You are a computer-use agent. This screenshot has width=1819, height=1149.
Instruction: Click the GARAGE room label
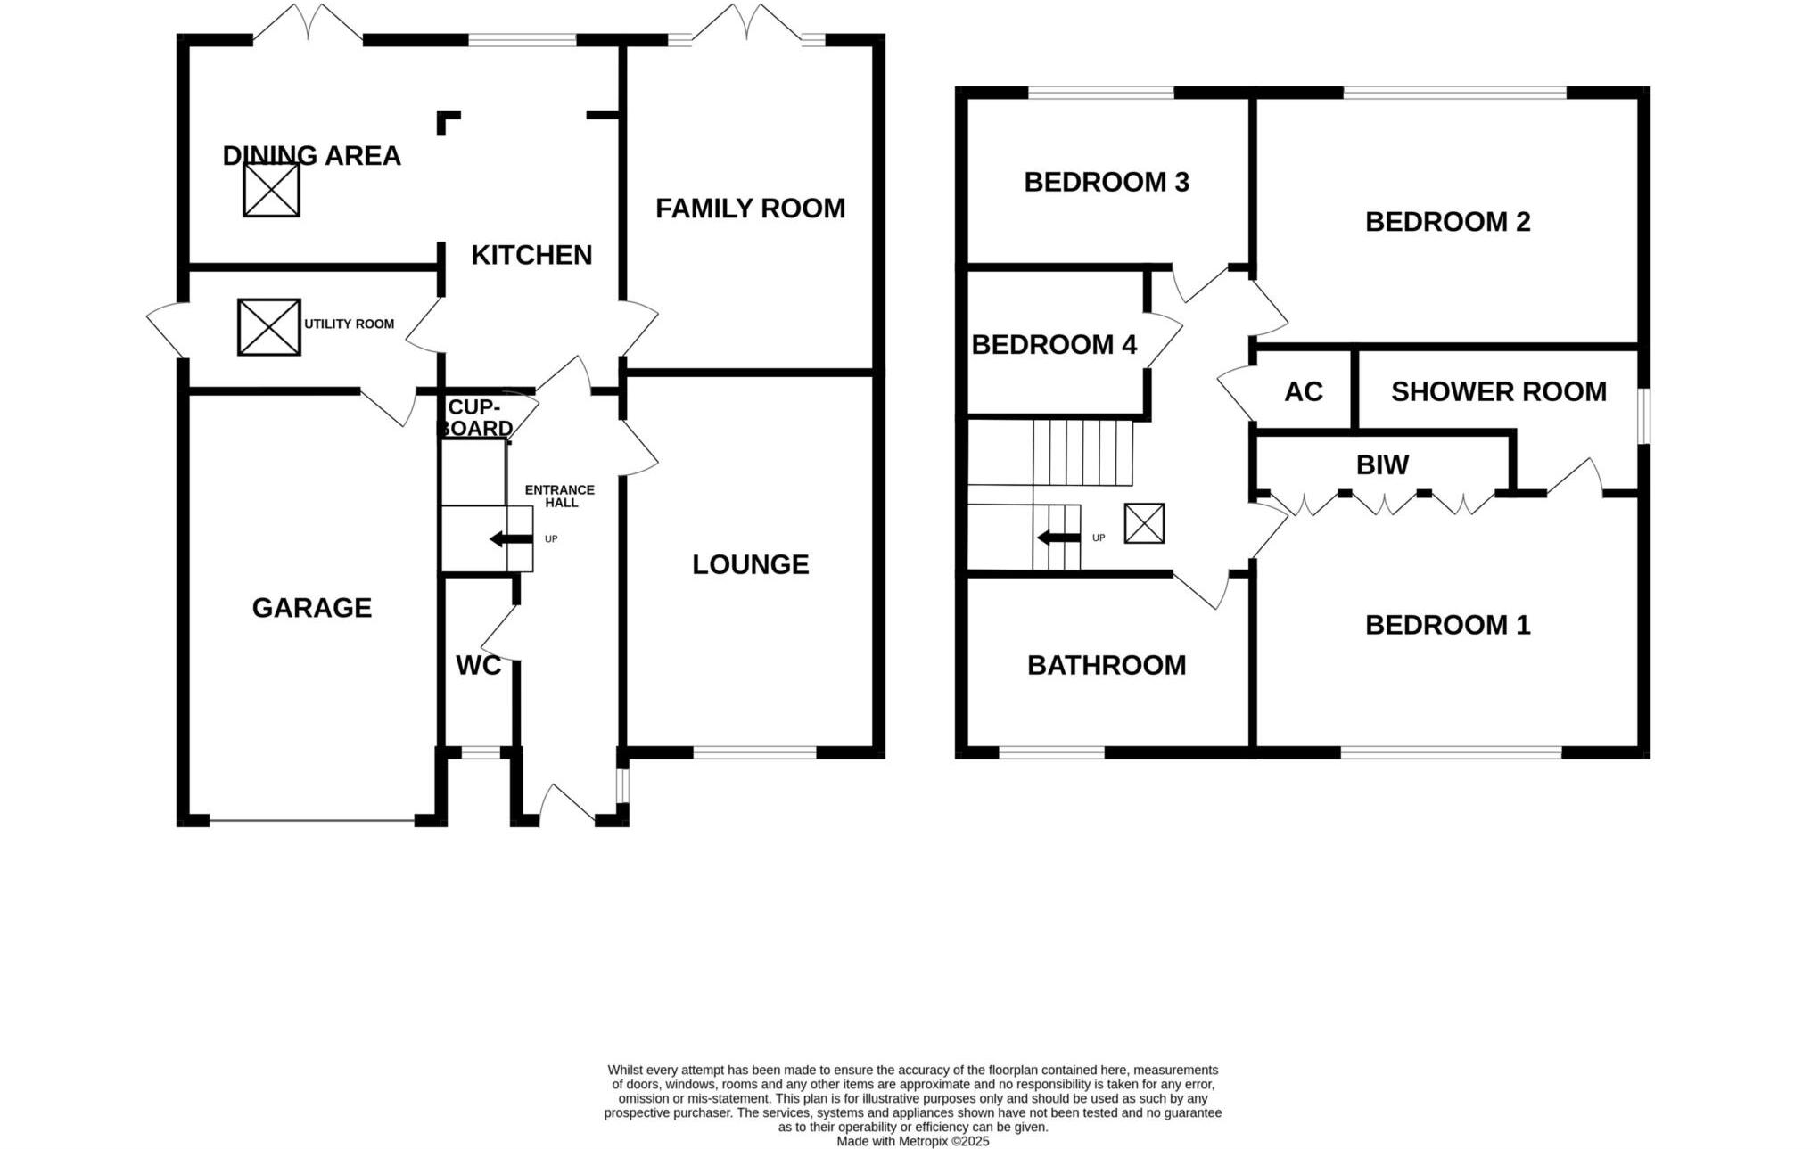point(311,608)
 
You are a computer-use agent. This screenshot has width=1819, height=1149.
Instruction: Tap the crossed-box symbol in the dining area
point(271,190)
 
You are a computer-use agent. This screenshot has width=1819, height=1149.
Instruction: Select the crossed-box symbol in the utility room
point(268,327)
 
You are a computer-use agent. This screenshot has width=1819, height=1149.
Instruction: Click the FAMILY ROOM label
point(750,209)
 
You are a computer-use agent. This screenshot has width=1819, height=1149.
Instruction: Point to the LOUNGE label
point(750,564)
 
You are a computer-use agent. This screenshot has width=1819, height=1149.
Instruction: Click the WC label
point(478,666)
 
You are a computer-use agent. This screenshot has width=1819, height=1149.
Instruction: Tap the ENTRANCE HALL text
point(560,497)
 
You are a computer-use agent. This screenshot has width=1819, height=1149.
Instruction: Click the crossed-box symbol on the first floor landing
point(1144,523)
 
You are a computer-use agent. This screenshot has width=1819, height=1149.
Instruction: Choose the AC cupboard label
point(1303,392)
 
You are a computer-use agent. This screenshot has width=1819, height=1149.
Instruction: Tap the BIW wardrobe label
point(1382,465)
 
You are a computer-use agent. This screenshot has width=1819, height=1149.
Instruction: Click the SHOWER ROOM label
point(1498,392)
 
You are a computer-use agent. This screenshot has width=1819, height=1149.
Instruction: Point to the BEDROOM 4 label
point(1054,345)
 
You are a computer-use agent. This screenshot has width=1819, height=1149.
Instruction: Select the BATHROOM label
point(1107,665)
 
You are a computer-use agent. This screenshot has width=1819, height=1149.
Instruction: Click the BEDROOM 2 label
point(1447,222)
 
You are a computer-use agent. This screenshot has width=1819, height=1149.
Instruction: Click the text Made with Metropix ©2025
point(912,1141)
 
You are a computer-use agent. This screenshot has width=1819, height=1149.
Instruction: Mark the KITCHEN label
point(531,255)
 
